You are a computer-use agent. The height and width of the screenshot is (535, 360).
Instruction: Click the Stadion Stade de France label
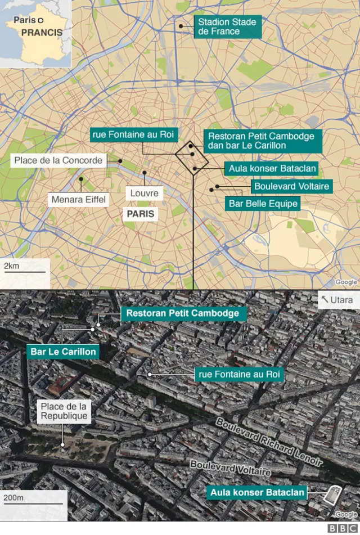pos(228,27)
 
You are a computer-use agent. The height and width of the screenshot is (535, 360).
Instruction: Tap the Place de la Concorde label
pos(58,160)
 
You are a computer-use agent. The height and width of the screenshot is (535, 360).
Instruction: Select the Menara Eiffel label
pos(78,199)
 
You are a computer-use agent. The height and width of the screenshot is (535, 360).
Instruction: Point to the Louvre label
pos(145,194)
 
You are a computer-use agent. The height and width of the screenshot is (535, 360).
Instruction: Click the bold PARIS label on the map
pos(140,214)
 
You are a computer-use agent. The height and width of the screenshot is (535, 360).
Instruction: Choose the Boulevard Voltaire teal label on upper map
pos(291,186)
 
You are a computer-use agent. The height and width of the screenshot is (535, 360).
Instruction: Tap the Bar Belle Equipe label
pos(262,204)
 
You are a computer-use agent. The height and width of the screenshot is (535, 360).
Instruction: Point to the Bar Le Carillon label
pos(63,352)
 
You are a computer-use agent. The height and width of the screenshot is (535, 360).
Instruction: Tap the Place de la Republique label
pos(64,411)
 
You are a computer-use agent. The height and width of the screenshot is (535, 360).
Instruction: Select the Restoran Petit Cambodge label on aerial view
pos(183,313)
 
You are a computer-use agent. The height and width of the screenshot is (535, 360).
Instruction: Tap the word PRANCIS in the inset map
pos(42,33)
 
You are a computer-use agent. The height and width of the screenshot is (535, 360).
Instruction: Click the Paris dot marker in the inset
pos(40,20)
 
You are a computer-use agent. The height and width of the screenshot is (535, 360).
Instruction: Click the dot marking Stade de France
pos(181,26)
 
